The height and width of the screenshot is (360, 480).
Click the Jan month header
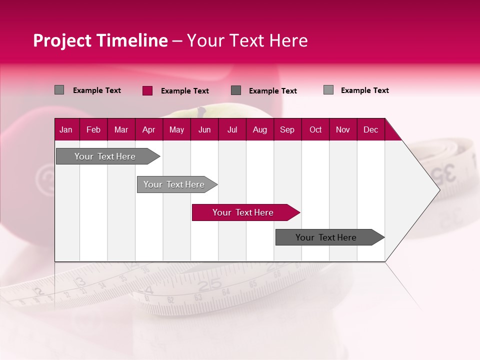[66, 129]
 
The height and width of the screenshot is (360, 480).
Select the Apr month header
[148, 129]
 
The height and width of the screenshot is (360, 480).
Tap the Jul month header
[232, 129]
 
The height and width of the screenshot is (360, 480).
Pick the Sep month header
[287, 129]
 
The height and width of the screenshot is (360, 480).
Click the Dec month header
[370, 129]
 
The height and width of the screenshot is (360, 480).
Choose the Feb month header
[93, 129]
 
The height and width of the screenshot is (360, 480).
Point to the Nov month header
[342, 129]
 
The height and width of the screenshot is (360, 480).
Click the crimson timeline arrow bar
[243, 212]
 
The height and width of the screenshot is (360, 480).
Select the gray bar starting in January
[105, 156]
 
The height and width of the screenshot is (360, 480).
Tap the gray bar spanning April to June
[174, 184]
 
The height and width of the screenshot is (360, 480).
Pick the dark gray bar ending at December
[326, 237]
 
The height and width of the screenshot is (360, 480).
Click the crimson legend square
[147, 90]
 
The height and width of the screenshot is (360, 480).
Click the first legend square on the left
[59, 90]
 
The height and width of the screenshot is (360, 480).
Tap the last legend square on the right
[328, 90]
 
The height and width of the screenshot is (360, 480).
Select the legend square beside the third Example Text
[236, 90]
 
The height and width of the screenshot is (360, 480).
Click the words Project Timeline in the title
[100, 40]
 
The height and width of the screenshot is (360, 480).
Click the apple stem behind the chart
[202, 111]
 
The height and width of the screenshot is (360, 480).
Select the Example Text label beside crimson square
[184, 91]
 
